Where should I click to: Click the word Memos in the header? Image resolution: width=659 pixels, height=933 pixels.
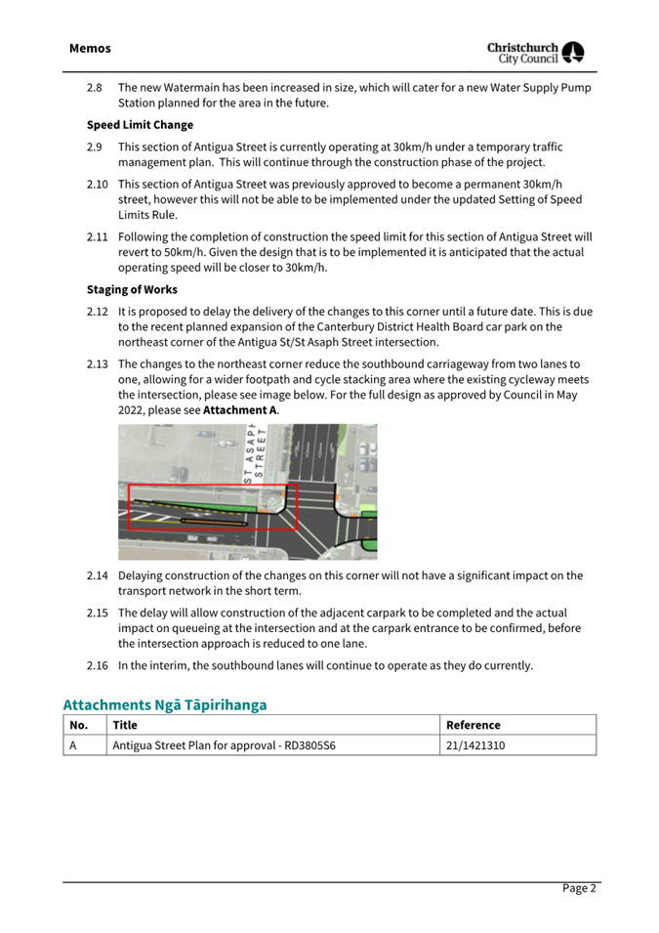(x=90, y=48)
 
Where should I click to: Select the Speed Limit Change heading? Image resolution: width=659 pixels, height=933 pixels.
(x=140, y=125)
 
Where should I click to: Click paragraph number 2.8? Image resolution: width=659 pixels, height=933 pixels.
(x=95, y=88)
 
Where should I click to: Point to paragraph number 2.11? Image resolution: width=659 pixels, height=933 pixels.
(x=97, y=237)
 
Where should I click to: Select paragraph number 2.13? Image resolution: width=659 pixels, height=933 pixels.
(x=97, y=363)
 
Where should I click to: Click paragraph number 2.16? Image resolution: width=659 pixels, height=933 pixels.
(x=97, y=666)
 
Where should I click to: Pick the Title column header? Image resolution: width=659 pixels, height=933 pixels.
(x=125, y=726)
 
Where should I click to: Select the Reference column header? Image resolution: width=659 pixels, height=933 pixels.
(x=473, y=726)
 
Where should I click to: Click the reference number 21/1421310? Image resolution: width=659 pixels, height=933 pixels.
(x=475, y=746)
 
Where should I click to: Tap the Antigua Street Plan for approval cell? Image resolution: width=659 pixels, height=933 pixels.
(x=225, y=746)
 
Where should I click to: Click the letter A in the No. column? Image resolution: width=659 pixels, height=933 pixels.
(x=73, y=746)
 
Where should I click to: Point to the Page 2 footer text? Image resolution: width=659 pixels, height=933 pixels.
(x=578, y=888)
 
